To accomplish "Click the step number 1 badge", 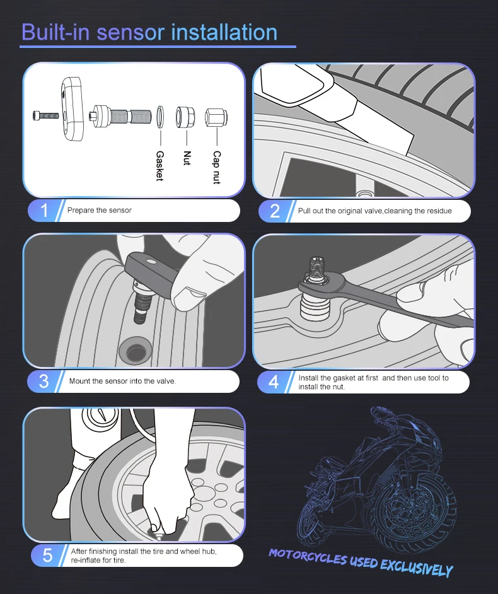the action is click(x=43, y=210).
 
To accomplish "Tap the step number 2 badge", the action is click(x=275, y=211).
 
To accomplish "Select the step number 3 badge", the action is click(x=43, y=381).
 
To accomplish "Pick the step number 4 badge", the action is click(x=274, y=382).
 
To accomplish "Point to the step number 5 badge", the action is click(x=47, y=556).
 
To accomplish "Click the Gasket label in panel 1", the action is click(x=160, y=166).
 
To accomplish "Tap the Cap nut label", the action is click(x=217, y=168).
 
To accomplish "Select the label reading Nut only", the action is click(x=187, y=158).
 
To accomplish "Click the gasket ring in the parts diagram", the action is click(x=160, y=117).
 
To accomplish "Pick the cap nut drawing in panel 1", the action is click(x=216, y=118).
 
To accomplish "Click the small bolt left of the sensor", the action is click(x=45, y=114).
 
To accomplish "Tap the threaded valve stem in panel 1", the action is click(x=120, y=115).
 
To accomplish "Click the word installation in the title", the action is click(x=224, y=32).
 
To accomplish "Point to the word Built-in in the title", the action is click(x=55, y=32).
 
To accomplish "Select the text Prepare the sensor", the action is click(x=99, y=210).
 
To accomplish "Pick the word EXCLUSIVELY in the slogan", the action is click(x=416, y=568).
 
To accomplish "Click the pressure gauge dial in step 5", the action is click(x=101, y=417).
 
